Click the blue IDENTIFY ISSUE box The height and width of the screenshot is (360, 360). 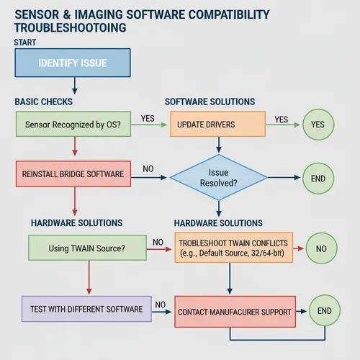[71, 63]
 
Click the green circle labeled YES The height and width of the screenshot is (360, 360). [317, 125]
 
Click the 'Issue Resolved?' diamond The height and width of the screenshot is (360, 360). [218, 178]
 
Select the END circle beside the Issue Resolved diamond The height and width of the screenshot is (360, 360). [317, 178]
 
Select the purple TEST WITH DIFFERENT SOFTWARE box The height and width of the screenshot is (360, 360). [86, 309]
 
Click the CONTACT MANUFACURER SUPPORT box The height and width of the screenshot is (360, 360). [235, 312]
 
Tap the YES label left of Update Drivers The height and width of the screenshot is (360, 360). [148, 119]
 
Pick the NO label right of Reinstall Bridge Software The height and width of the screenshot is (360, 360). [148, 169]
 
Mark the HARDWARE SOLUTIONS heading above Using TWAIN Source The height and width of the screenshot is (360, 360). [76, 223]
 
